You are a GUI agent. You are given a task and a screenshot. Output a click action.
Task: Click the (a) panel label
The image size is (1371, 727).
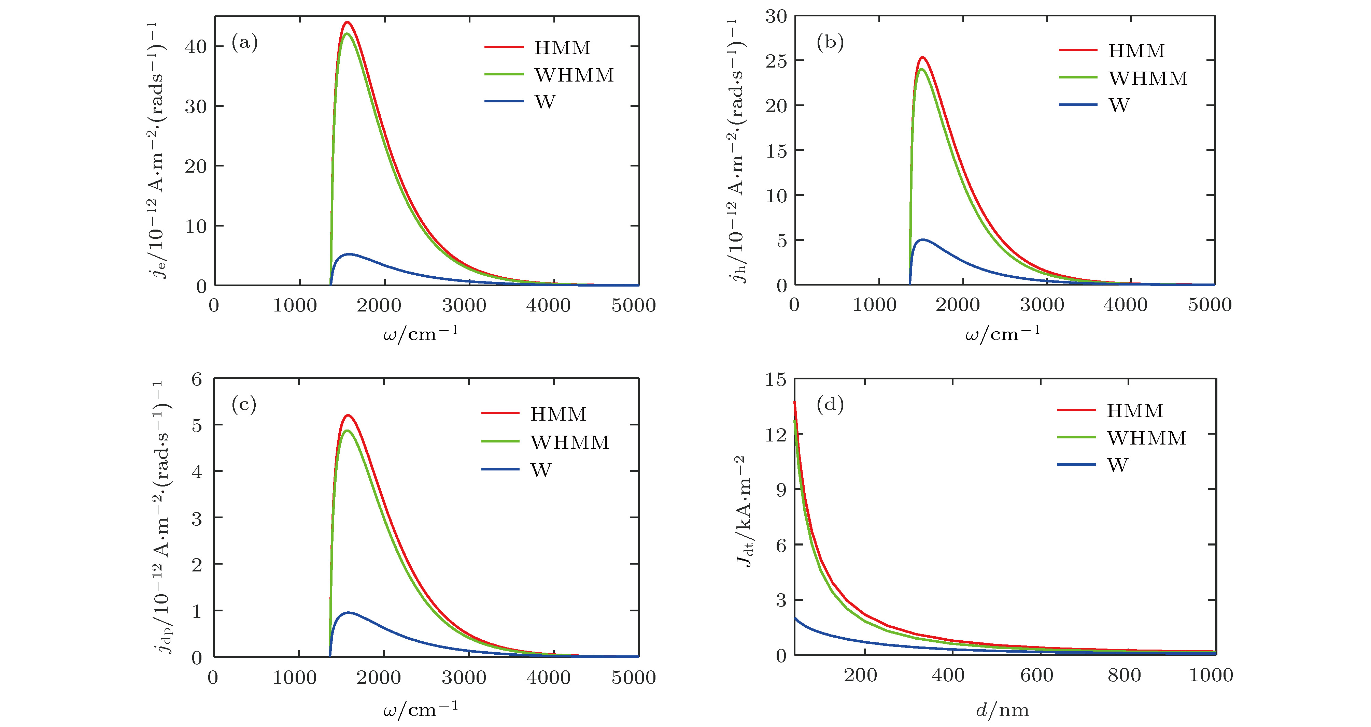point(244,42)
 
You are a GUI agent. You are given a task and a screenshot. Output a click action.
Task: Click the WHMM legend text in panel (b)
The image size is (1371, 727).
point(1148,79)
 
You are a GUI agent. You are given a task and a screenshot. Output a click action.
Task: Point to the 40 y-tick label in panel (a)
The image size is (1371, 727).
point(195,46)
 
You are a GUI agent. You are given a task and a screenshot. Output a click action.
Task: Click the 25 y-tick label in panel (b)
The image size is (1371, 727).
point(776,61)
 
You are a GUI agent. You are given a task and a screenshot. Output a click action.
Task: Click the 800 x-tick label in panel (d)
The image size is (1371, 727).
point(1124,675)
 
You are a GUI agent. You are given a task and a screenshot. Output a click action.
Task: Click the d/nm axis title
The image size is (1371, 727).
point(1003,710)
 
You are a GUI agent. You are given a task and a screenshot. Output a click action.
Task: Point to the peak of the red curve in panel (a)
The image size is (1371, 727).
point(347,22)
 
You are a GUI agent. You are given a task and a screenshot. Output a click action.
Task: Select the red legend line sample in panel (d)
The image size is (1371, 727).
point(1076,410)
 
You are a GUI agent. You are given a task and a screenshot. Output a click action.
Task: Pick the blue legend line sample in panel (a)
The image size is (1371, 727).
point(504,101)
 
